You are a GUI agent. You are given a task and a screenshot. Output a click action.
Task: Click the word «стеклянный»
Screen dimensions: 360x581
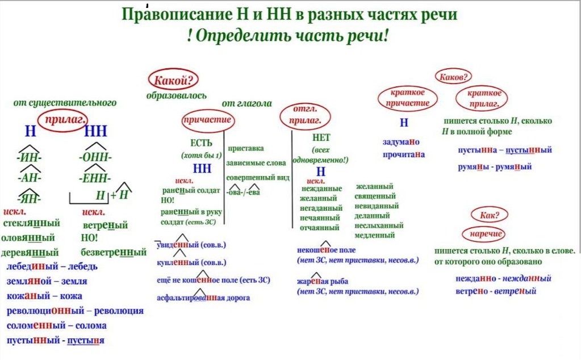tap(31, 223)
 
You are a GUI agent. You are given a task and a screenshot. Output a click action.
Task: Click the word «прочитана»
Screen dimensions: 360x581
tap(403, 154)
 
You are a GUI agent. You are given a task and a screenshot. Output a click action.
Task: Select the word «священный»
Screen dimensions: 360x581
tap(374, 196)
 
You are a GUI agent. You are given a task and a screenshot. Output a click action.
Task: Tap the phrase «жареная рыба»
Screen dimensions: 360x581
tap(322, 281)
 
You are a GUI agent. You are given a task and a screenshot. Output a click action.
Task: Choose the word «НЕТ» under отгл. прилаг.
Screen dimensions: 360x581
tap(321, 137)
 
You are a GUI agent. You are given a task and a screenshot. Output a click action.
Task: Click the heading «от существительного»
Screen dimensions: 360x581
tap(65, 103)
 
